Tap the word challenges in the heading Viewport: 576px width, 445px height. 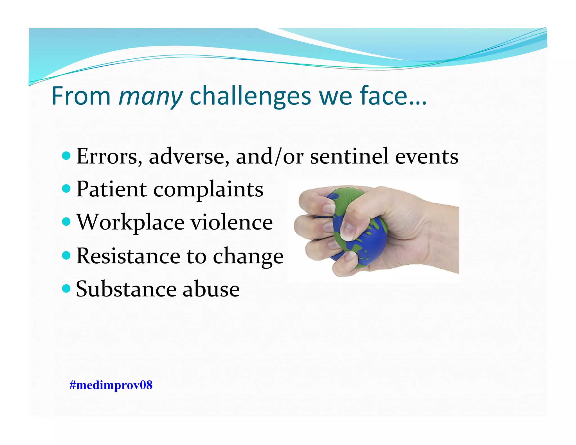click(250, 96)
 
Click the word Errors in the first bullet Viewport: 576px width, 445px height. click(109, 156)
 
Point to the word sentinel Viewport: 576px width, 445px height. click(349, 156)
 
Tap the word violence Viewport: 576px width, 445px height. click(232, 222)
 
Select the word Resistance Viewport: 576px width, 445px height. click(128, 256)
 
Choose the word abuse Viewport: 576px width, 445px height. click(211, 289)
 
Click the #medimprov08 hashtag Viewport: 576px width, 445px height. click(111, 385)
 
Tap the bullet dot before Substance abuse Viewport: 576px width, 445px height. click(66, 288)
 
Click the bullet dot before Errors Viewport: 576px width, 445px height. click(66, 155)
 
